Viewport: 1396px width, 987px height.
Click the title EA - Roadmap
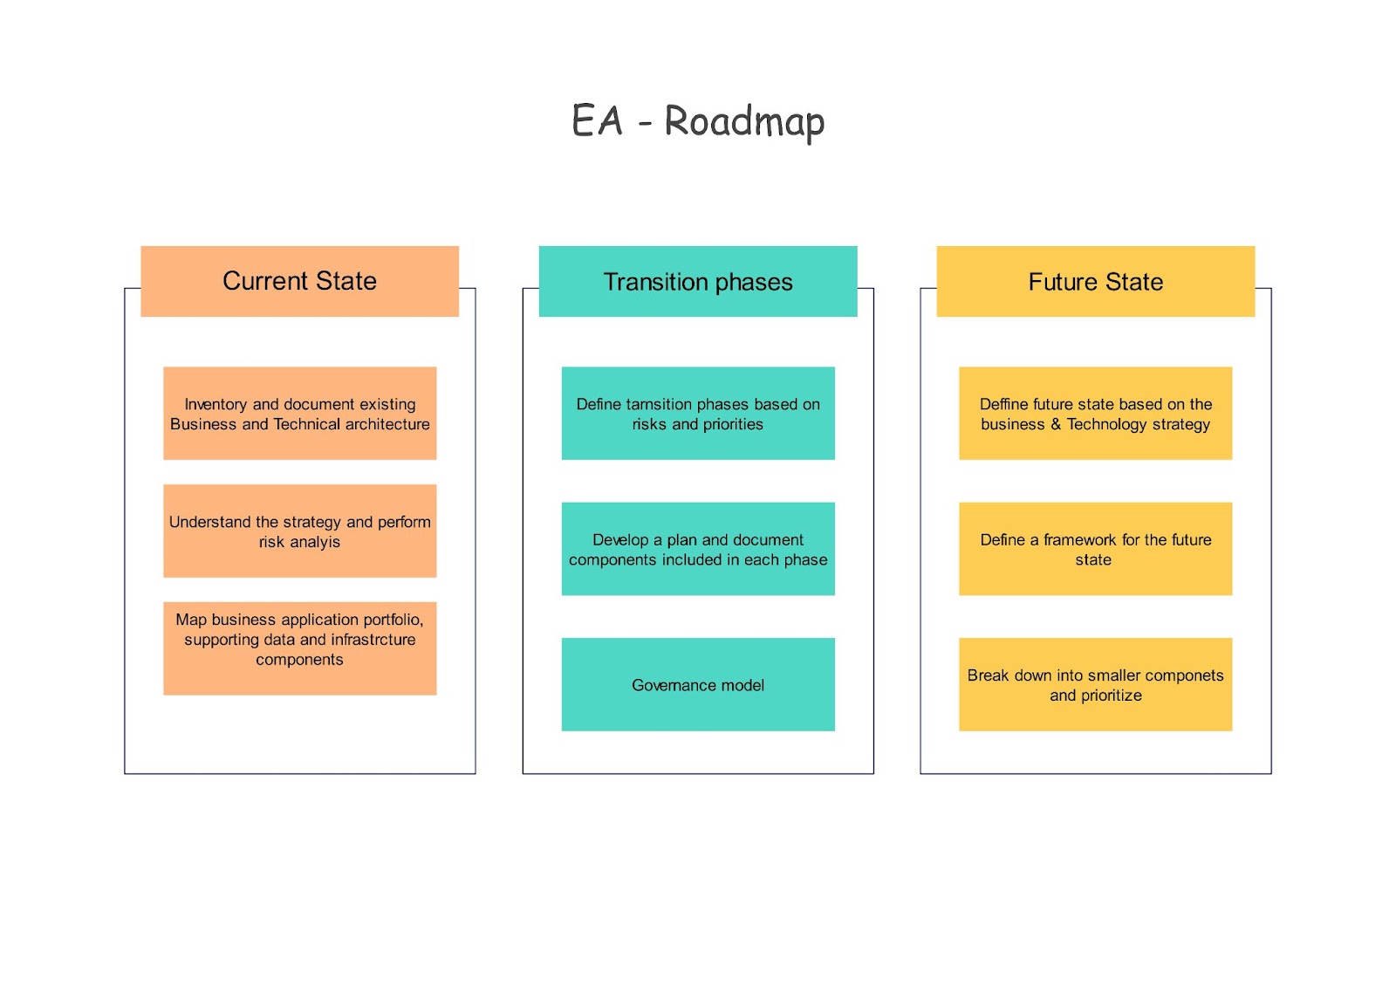pyautogui.click(x=698, y=121)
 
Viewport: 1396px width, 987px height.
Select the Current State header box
pyautogui.click(x=300, y=281)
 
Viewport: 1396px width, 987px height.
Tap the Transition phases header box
pyautogui.click(x=698, y=281)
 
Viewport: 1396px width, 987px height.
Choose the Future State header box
pyautogui.click(x=1096, y=281)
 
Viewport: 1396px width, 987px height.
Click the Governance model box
pyautogui.click(x=698, y=684)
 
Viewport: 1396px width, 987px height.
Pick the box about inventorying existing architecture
pyautogui.click(x=300, y=414)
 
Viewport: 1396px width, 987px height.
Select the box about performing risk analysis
pyautogui.click(x=300, y=531)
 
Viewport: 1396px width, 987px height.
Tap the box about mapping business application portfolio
pyautogui.click(x=300, y=648)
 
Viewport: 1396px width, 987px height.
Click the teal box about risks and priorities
pyautogui.click(x=698, y=414)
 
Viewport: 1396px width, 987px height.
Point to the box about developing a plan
pyautogui.click(x=698, y=549)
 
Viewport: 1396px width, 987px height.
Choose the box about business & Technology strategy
pyautogui.click(x=1096, y=414)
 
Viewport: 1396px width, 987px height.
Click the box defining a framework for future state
pyautogui.click(x=1096, y=549)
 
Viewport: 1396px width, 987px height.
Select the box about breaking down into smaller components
pyautogui.click(x=1096, y=684)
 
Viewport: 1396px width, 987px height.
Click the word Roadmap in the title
pyautogui.click(x=745, y=123)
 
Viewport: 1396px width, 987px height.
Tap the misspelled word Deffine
pyautogui.click(x=1003, y=404)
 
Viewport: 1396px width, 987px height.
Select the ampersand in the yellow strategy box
pyautogui.click(x=1056, y=424)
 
